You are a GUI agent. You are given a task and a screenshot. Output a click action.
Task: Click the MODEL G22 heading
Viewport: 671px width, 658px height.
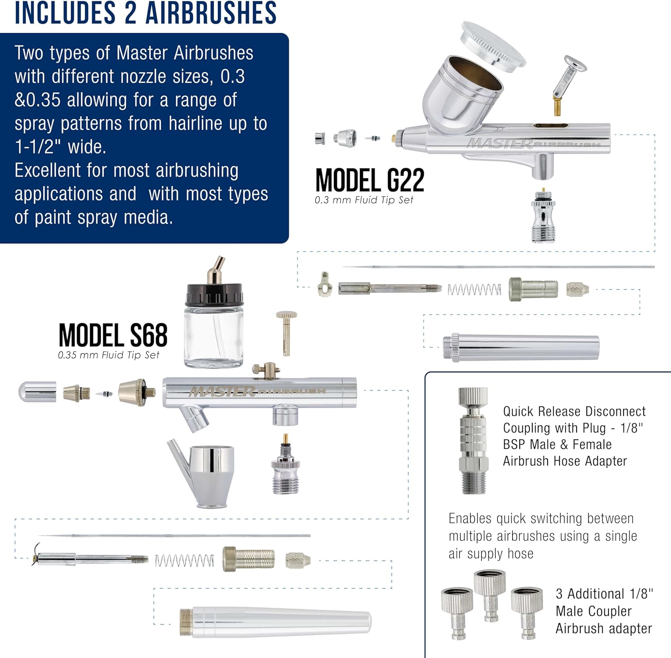370,181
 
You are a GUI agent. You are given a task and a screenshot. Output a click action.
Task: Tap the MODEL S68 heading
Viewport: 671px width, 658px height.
113,336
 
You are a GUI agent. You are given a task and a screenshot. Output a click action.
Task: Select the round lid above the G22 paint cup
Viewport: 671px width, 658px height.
493,43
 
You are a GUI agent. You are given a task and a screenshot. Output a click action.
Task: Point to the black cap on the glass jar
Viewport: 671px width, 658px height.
214,295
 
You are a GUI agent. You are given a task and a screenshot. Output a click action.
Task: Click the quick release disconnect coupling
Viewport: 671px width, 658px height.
473,440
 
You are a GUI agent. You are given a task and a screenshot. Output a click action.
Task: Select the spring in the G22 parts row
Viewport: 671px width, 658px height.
474,290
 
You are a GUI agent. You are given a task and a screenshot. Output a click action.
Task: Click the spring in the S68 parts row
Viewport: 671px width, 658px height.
184,561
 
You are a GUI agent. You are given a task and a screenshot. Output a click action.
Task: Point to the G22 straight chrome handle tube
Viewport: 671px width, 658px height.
521,347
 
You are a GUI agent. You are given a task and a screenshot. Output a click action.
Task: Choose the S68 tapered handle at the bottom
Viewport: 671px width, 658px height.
276,621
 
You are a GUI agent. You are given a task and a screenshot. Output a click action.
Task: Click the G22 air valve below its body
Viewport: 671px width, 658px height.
543,216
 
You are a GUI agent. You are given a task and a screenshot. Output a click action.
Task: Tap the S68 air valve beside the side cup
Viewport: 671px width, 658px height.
285,464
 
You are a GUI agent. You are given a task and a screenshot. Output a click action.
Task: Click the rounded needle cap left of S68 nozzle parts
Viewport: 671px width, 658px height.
37,392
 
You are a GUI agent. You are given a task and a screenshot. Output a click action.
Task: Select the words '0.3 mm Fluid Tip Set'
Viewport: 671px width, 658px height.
364,200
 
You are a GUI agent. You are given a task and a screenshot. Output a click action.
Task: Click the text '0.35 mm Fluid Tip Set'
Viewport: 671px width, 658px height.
108,355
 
